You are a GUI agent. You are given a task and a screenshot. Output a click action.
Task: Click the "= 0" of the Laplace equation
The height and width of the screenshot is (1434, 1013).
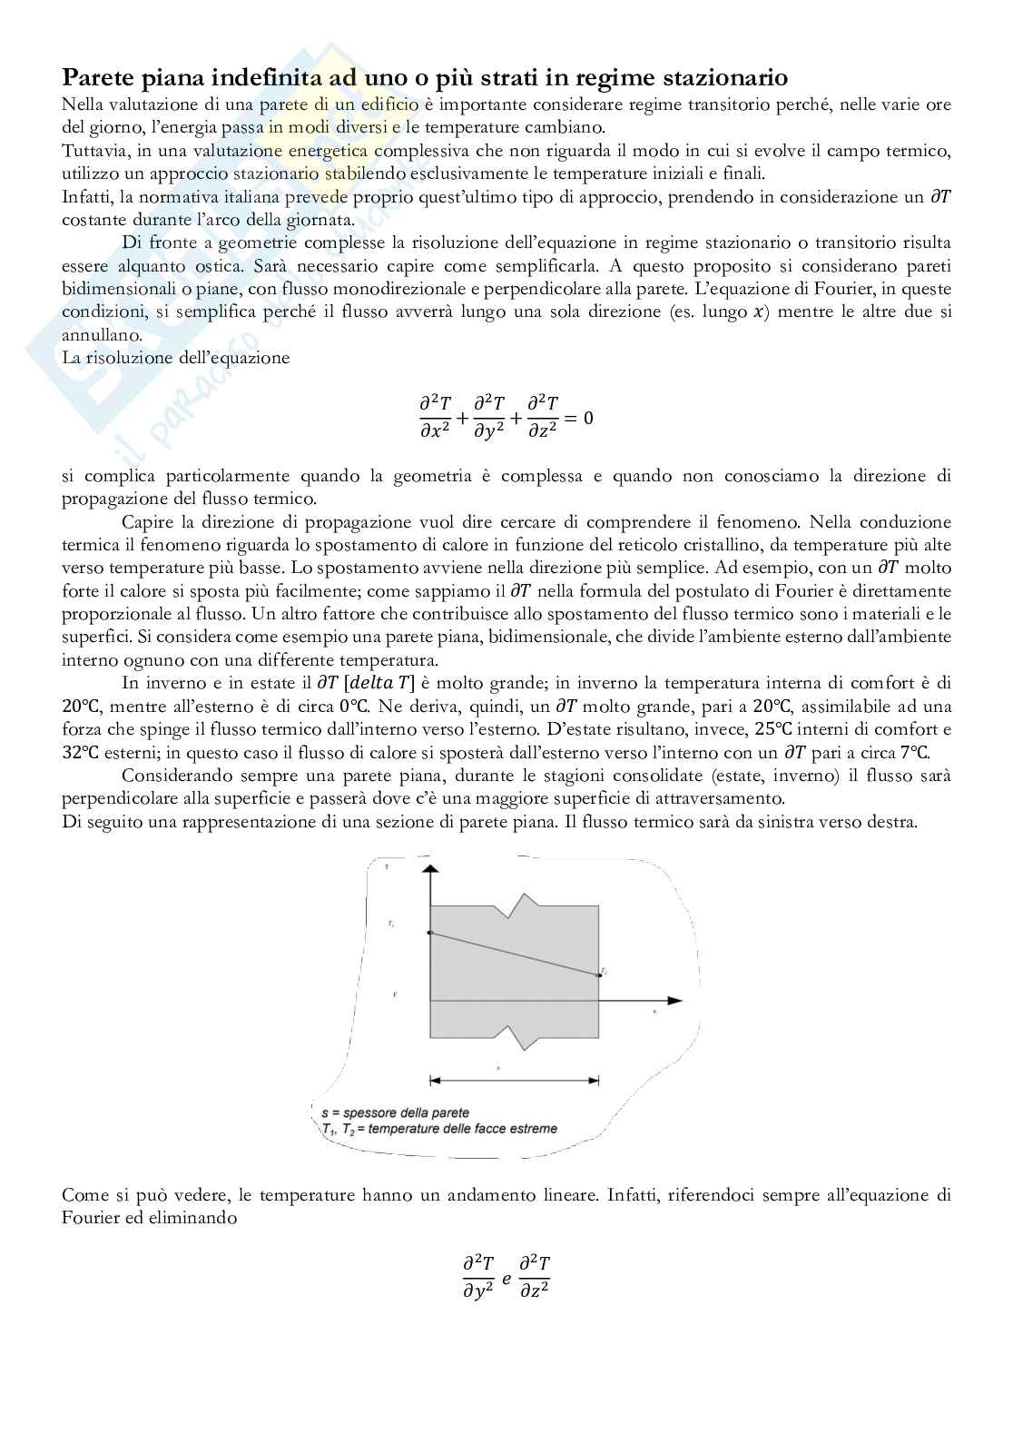[x=578, y=419]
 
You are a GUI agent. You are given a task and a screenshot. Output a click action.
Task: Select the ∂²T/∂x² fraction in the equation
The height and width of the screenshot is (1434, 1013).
[x=434, y=418]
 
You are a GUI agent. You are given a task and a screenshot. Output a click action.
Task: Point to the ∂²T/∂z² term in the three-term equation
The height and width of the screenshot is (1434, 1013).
[x=543, y=418]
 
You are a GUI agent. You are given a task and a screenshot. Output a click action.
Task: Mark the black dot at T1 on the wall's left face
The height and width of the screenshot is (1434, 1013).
[x=429, y=933]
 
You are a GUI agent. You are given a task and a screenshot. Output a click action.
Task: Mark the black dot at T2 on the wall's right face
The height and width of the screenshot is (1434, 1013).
[x=598, y=974]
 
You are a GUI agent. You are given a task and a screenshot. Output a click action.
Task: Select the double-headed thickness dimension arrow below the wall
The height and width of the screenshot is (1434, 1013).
[x=514, y=1080]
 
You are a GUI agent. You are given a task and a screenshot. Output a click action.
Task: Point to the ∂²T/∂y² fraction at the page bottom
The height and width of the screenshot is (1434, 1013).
[x=478, y=1277]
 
